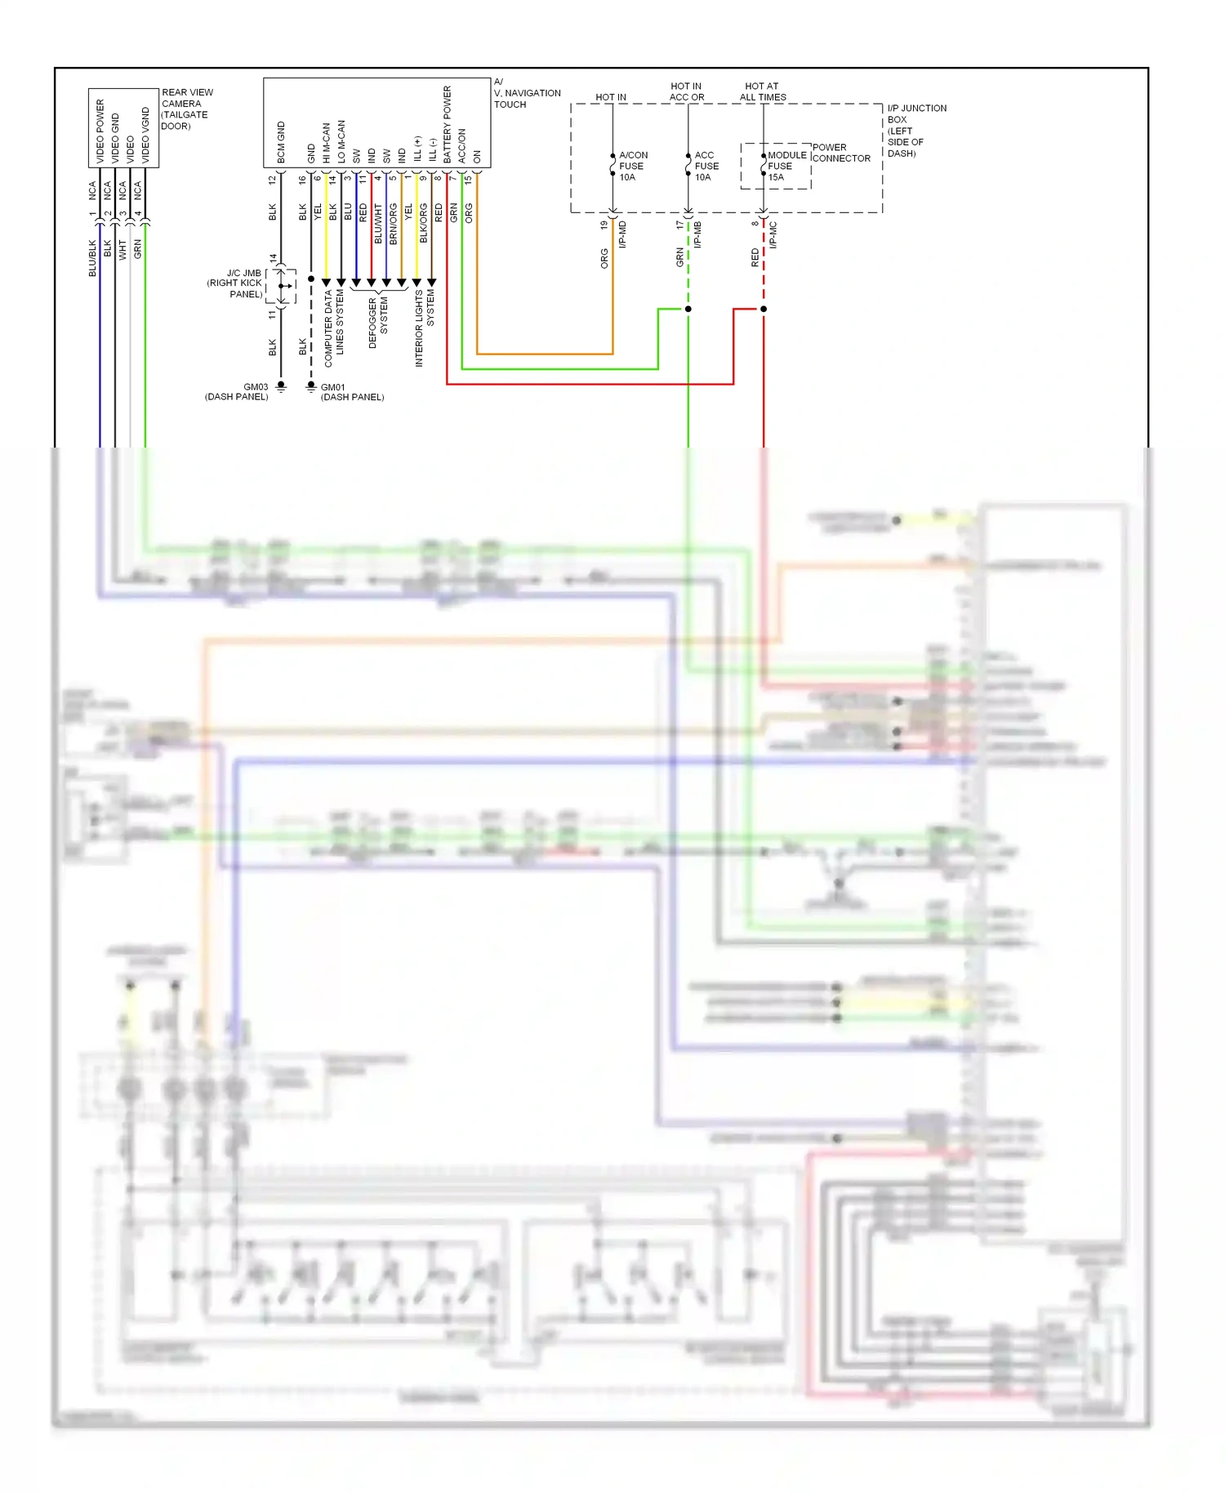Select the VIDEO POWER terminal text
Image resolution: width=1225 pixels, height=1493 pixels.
100,131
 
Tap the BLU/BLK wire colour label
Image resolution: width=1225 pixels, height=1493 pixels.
92,257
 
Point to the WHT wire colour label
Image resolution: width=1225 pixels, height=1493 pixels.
122,249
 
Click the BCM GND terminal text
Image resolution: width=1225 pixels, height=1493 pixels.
281,142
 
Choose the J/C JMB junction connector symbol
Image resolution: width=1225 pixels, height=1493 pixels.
282,286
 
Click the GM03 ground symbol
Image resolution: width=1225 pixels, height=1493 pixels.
281,386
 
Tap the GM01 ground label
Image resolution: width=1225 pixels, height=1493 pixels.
332,387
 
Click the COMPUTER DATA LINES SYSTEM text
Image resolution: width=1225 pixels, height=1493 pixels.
334,322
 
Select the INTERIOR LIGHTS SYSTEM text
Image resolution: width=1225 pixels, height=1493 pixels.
425,327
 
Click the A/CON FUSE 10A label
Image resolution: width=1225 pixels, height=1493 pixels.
632,166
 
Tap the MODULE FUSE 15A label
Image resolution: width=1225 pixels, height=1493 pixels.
786,166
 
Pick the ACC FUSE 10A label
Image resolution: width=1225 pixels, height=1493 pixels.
706,166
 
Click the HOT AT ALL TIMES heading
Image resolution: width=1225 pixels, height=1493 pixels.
762,91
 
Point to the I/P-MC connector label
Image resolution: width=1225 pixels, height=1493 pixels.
773,235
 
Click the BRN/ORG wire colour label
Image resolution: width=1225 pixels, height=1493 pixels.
394,224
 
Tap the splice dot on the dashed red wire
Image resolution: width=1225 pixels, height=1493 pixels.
764,309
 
